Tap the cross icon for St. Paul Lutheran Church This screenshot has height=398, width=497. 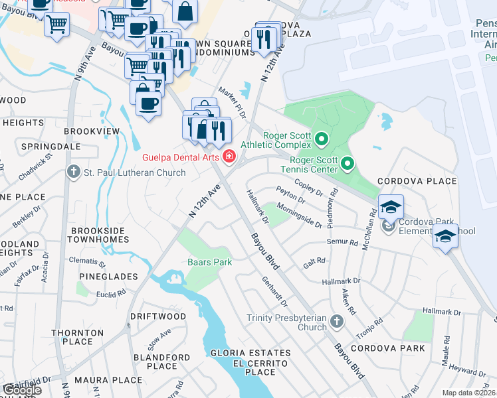pyautogui.click(x=74, y=173)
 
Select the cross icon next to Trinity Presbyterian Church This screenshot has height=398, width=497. pyautogui.click(x=337, y=322)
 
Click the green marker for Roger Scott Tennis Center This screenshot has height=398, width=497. pyautogui.click(x=347, y=163)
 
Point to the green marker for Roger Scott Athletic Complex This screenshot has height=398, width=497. pyautogui.click(x=322, y=139)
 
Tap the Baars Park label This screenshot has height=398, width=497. pyautogui.click(x=209, y=262)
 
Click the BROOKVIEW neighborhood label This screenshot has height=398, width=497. pyautogui.click(x=92, y=131)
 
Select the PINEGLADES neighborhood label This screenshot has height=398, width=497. pyautogui.click(x=108, y=276)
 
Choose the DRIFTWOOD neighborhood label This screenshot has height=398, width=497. pyautogui.click(x=158, y=316)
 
